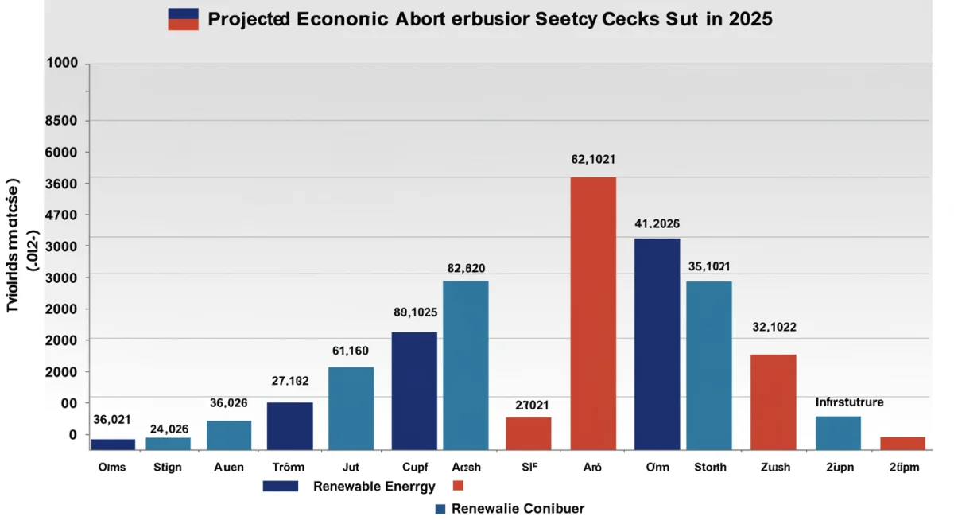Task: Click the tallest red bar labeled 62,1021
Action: click(x=593, y=313)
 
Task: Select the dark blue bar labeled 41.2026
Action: click(x=657, y=343)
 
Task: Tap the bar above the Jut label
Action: click(x=351, y=408)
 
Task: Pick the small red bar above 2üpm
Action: click(x=902, y=443)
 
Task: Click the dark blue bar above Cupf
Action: click(x=413, y=390)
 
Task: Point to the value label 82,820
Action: click(x=466, y=268)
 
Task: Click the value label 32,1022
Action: click(x=774, y=327)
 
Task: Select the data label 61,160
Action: click(x=350, y=350)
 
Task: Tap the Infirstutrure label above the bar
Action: click(x=849, y=402)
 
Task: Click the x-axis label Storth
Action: click(x=709, y=468)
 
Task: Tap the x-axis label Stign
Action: click(x=168, y=468)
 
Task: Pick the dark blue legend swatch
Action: click(x=280, y=486)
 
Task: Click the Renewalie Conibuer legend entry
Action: click(x=518, y=509)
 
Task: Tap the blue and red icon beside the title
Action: click(x=183, y=19)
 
